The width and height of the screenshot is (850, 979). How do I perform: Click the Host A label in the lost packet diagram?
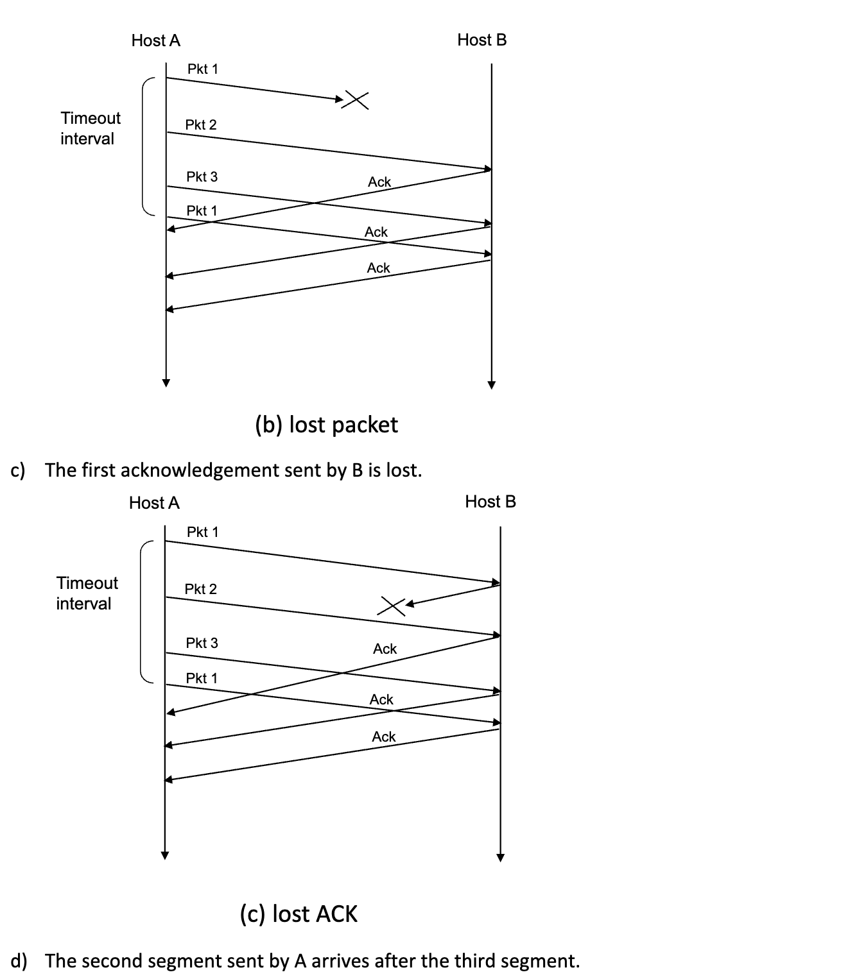pyautogui.click(x=156, y=40)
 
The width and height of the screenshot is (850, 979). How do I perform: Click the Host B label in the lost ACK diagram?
pyautogui.click(x=490, y=502)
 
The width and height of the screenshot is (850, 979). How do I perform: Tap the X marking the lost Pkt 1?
pyautogui.click(x=355, y=99)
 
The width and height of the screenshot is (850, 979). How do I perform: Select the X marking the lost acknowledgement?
pyautogui.click(x=391, y=606)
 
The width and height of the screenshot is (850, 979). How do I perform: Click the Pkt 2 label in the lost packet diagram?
pyautogui.click(x=201, y=124)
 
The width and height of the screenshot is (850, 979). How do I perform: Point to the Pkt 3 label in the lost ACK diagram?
pyautogui.click(x=202, y=643)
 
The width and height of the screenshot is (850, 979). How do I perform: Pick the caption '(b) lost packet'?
pyautogui.click(x=326, y=425)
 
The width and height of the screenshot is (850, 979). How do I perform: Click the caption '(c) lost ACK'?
pyautogui.click(x=299, y=914)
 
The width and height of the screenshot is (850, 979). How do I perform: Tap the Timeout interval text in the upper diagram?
pyautogui.click(x=90, y=128)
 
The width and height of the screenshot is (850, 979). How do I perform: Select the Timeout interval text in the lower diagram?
pyautogui.click(x=87, y=593)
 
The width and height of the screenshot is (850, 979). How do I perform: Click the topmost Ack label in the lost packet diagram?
pyautogui.click(x=379, y=182)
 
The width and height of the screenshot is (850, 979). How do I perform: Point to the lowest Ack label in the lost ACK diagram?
pyautogui.click(x=384, y=736)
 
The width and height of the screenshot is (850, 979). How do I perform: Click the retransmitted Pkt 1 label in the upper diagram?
pyautogui.click(x=202, y=210)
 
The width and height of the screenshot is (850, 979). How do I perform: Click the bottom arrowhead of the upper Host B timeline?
pyautogui.click(x=491, y=385)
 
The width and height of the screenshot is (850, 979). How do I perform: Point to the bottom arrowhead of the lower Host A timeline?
pyautogui.click(x=165, y=855)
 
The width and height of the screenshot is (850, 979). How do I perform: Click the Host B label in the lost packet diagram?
pyautogui.click(x=482, y=40)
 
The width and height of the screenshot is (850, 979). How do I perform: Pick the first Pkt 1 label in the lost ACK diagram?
pyautogui.click(x=202, y=532)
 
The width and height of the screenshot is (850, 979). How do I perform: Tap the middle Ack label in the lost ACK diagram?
pyautogui.click(x=381, y=699)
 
